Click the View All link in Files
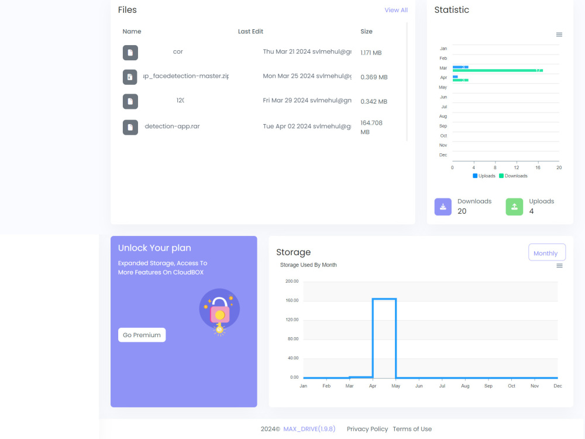(395, 10)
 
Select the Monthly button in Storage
(546, 253)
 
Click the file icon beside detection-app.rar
(130, 127)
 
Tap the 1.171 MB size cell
(371, 53)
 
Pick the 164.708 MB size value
(371, 127)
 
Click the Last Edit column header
(250, 32)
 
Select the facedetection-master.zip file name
(185, 76)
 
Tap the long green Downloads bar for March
(497, 71)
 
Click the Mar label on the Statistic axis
(443, 68)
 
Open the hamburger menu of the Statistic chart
(559, 35)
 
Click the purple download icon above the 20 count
(443, 207)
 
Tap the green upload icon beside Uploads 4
(514, 207)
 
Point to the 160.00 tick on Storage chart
(291, 300)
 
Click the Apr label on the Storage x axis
(373, 386)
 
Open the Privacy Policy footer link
(367, 429)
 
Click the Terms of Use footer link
(412, 429)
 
